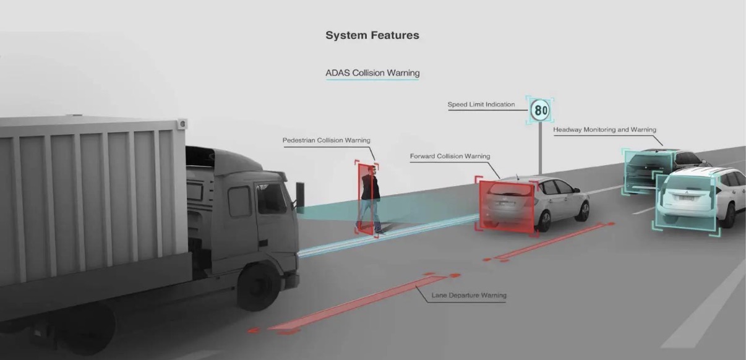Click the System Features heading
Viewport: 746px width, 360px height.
coord(372,35)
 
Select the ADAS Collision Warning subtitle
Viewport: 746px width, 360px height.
coord(372,73)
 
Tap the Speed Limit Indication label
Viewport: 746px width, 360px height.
coord(481,105)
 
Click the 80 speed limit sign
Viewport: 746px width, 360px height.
coord(540,110)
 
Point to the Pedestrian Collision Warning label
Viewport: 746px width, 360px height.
coord(327,140)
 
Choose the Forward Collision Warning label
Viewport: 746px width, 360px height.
coord(450,156)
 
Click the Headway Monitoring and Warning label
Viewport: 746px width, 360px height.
coord(605,129)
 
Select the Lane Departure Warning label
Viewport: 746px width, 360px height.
coord(469,296)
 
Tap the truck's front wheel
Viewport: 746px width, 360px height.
coord(259,287)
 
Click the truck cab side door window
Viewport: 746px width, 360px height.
coord(239,202)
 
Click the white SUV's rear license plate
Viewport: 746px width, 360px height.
coord(686,198)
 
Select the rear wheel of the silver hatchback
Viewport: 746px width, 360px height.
coord(544,221)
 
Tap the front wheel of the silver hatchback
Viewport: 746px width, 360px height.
coord(583,211)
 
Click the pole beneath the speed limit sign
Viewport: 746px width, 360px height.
coord(540,149)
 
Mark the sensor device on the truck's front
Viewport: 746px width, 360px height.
coord(300,194)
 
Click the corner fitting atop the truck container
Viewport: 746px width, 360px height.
coord(182,124)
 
